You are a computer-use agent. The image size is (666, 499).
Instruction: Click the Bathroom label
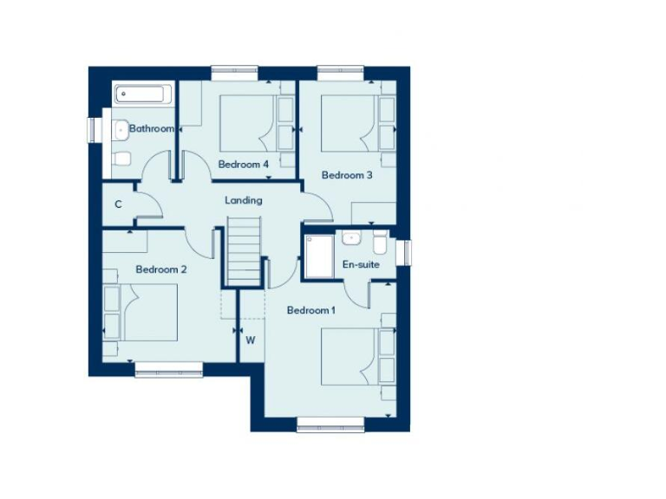pyautogui.click(x=152, y=128)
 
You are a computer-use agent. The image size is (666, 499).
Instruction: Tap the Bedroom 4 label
pyautogui.click(x=244, y=164)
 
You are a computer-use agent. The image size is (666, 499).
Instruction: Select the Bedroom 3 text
pyautogui.click(x=347, y=175)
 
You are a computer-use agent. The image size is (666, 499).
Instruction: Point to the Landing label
pyautogui.click(x=244, y=200)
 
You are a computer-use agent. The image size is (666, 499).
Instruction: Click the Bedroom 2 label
pyautogui.click(x=161, y=269)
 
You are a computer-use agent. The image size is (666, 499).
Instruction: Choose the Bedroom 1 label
pyautogui.click(x=311, y=310)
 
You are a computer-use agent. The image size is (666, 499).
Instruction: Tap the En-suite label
pyautogui.click(x=361, y=264)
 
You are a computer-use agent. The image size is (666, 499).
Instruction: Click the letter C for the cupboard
pyautogui.click(x=118, y=204)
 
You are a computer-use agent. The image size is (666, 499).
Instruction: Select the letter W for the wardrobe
pyautogui.click(x=250, y=340)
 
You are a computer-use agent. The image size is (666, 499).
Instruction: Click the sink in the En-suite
pyautogui.click(x=350, y=237)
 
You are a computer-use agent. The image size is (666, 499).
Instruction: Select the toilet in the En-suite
pyautogui.click(x=379, y=241)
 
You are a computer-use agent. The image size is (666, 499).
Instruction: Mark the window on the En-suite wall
pyautogui.click(x=405, y=252)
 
